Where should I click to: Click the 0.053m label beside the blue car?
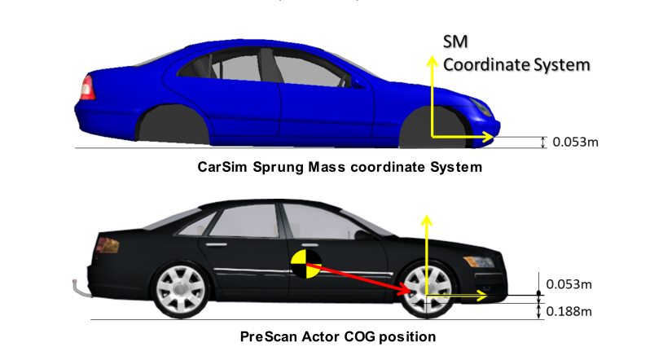coord(576,143)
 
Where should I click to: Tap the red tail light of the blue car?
coord(85,86)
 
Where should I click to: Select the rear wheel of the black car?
coord(178,291)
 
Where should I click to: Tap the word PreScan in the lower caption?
coord(268,336)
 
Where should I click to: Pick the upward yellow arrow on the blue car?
coord(432,90)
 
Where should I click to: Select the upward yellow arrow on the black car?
coord(425,252)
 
